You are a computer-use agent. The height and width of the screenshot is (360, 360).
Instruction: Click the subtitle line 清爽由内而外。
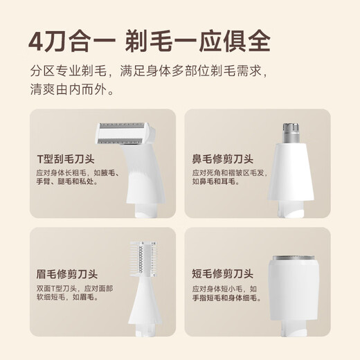click(73, 89)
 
